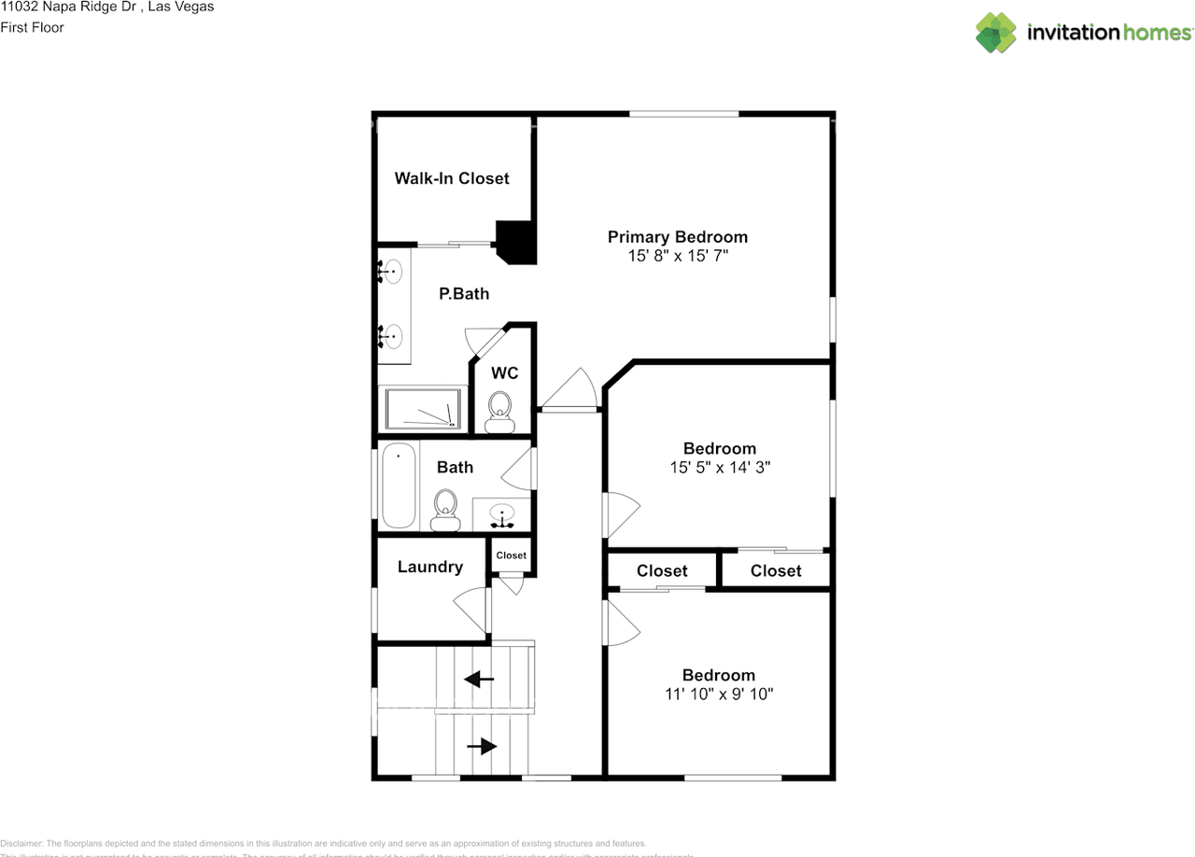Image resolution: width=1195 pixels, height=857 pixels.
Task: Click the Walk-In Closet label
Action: pyautogui.click(x=452, y=178)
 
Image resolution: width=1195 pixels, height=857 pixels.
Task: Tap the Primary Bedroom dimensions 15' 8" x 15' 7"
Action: pyautogui.click(x=678, y=255)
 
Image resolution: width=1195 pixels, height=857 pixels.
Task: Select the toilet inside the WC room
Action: pyautogui.click(x=500, y=408)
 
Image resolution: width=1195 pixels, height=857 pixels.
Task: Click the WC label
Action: pyautogui.click(x=505, y=373)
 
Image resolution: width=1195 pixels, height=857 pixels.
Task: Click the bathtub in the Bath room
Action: pyautogui.click(x=399, y=486)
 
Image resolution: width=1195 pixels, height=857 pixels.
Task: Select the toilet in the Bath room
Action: pyautogui.click(x=446, y=511)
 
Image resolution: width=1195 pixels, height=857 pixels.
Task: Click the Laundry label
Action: pyautogui.click(x=430, y=568)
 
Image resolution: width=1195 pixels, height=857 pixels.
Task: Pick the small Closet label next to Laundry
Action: pyautogui.click(x=511, y=555)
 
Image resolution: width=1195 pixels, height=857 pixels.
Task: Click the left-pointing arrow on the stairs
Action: pyautogui.click(x=480, y=680)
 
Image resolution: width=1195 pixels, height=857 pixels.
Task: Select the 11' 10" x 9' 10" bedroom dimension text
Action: pyautogui.click(x=718, y=694)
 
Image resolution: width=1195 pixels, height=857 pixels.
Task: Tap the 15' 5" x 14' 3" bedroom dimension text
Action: pyautogui.click(x=719, y=467)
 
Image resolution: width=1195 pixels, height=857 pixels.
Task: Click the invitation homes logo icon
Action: pyautogui.click(x=996, y=33)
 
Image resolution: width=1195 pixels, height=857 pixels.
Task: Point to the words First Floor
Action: pyautogui.click(x=33, y=27)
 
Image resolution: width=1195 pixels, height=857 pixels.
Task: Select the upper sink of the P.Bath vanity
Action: pyautogui.click(x=391, y=272)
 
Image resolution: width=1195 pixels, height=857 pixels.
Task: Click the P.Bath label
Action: pyautogui.click(x=464, y=294)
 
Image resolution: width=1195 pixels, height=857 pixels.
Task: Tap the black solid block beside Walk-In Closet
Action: pyautogui.click(x=516, y=242)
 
